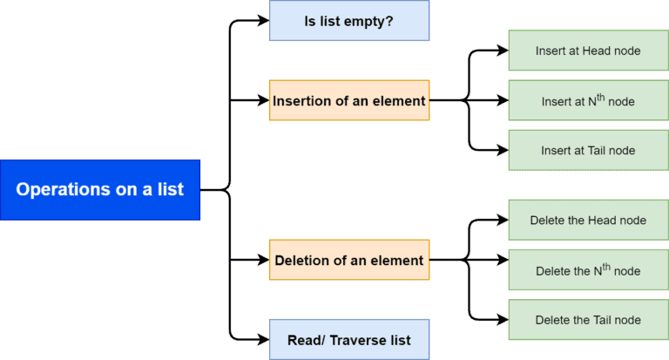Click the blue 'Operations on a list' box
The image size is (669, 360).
100,189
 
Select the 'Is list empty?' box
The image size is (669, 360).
348,20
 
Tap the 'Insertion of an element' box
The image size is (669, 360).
348,100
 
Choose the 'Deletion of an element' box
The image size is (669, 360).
348,260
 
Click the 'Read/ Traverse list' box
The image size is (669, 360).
348,339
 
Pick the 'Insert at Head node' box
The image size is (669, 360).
588,51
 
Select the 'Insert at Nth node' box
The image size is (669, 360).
588,100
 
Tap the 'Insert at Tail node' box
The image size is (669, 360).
588,150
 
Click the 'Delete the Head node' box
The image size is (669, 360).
588,220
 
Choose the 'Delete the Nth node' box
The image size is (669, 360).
588,270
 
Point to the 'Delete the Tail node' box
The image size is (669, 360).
588,320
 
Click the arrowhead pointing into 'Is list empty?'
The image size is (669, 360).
262,21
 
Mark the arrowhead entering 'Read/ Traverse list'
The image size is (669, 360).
262,339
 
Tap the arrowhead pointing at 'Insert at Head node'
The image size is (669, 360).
502,51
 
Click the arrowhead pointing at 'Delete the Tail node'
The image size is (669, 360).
502,320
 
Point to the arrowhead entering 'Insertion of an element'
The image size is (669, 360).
262,100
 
